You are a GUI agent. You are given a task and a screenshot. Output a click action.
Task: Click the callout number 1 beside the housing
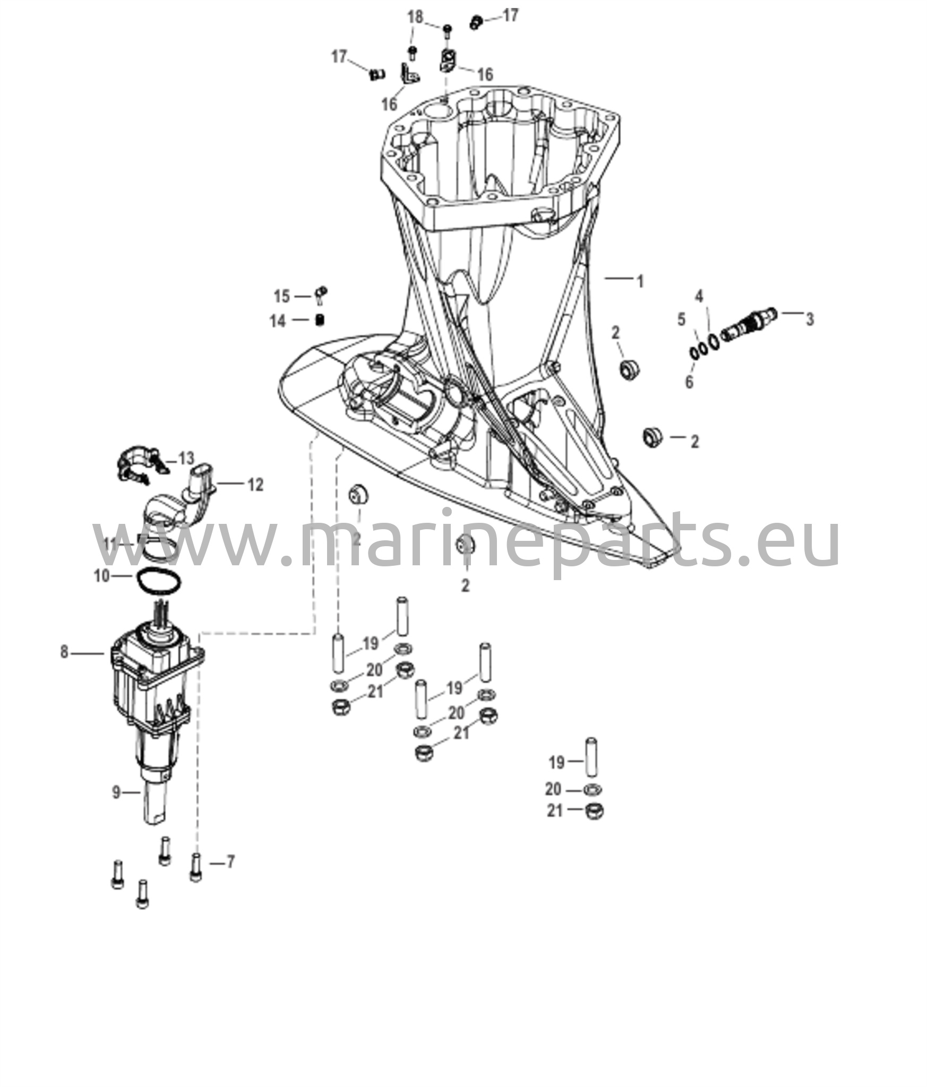[640, 281]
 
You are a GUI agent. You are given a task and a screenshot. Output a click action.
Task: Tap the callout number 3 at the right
[809, 319]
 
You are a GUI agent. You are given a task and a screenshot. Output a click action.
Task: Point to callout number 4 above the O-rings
[699, 296]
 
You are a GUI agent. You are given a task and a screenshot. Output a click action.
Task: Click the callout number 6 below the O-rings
[681, 320]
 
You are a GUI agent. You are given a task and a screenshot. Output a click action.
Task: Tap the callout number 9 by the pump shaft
[64, 652]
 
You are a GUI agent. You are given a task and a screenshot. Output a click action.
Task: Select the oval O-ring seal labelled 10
[116, 792]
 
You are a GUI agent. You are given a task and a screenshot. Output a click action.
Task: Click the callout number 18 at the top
[282, 296]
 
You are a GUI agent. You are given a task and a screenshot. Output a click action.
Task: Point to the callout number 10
[102, 576]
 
